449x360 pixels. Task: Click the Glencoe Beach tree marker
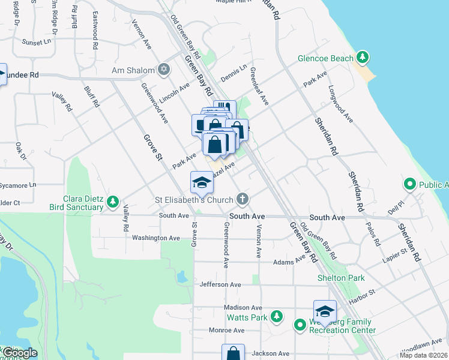click(x=362, y=58)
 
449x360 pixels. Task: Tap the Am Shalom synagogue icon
click(x=162, y=70)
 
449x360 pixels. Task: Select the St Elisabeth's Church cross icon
click(x=242, y=199)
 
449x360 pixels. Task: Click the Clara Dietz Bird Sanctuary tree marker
click(x=112, y=204)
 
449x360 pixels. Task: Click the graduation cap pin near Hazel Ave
click(x=202, y=182)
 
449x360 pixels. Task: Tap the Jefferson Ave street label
click(x=220, y=284)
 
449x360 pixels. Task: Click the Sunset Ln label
click(x=37, y=43)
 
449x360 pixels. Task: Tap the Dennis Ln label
click(x=234, y=73)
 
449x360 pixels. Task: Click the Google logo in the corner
click(x=20, y=353)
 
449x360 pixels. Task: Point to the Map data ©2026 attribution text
click(x=422, y=355)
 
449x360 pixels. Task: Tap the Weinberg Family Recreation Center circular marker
click(x=301, y=325)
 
